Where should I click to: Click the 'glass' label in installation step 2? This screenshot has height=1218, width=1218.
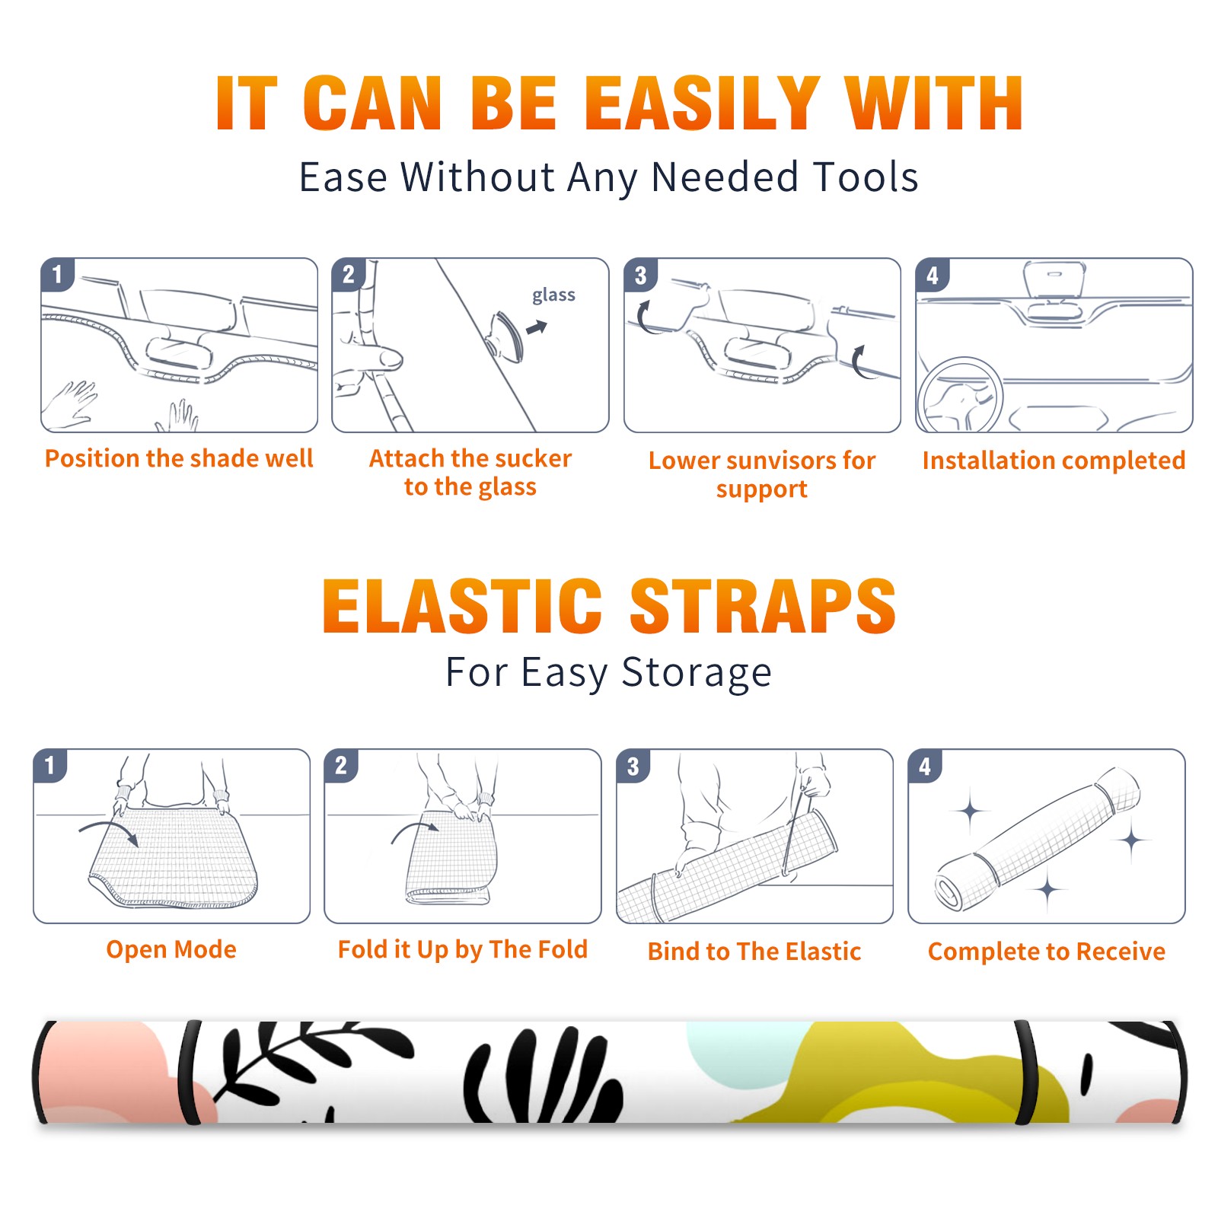[x=553, y=295]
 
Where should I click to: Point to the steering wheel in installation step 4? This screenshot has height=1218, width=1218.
[x=960, y=395]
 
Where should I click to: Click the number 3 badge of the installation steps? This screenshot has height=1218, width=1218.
[x=640, y=275]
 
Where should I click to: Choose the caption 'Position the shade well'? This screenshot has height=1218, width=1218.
[x=179, y=458]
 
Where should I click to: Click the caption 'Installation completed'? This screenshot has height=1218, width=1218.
[x=1054, y=460]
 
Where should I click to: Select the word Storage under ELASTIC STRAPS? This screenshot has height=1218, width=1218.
[x=697, y=673]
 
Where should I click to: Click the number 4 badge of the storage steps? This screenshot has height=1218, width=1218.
[x=925, y=766]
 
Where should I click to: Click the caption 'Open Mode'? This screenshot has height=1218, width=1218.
[x=171, y=949]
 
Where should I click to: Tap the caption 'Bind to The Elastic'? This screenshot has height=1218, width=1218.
[x=754, y=951]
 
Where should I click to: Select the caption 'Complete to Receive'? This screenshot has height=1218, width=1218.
[x=1047, y=951]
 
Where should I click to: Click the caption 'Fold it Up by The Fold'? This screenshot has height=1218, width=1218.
[x=463, y=949]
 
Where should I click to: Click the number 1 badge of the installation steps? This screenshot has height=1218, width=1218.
[x=57, y=274]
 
